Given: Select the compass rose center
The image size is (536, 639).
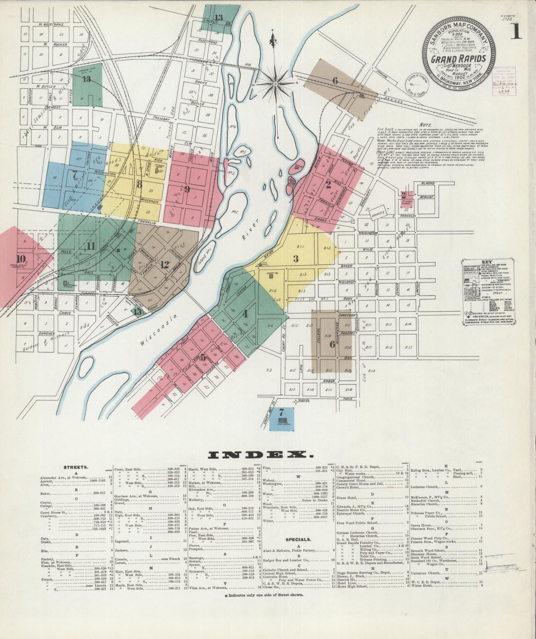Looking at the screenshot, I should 276,85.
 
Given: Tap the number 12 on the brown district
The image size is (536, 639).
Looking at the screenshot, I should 164,265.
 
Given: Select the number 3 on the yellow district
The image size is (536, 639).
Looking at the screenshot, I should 296,259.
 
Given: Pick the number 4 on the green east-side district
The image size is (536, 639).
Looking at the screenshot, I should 245,314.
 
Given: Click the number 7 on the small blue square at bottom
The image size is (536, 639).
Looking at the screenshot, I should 282,412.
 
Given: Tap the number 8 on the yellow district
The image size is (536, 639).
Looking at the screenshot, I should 139,184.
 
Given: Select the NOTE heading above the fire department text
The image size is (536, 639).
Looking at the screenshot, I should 423,125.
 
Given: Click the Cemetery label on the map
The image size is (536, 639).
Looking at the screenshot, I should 379,212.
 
